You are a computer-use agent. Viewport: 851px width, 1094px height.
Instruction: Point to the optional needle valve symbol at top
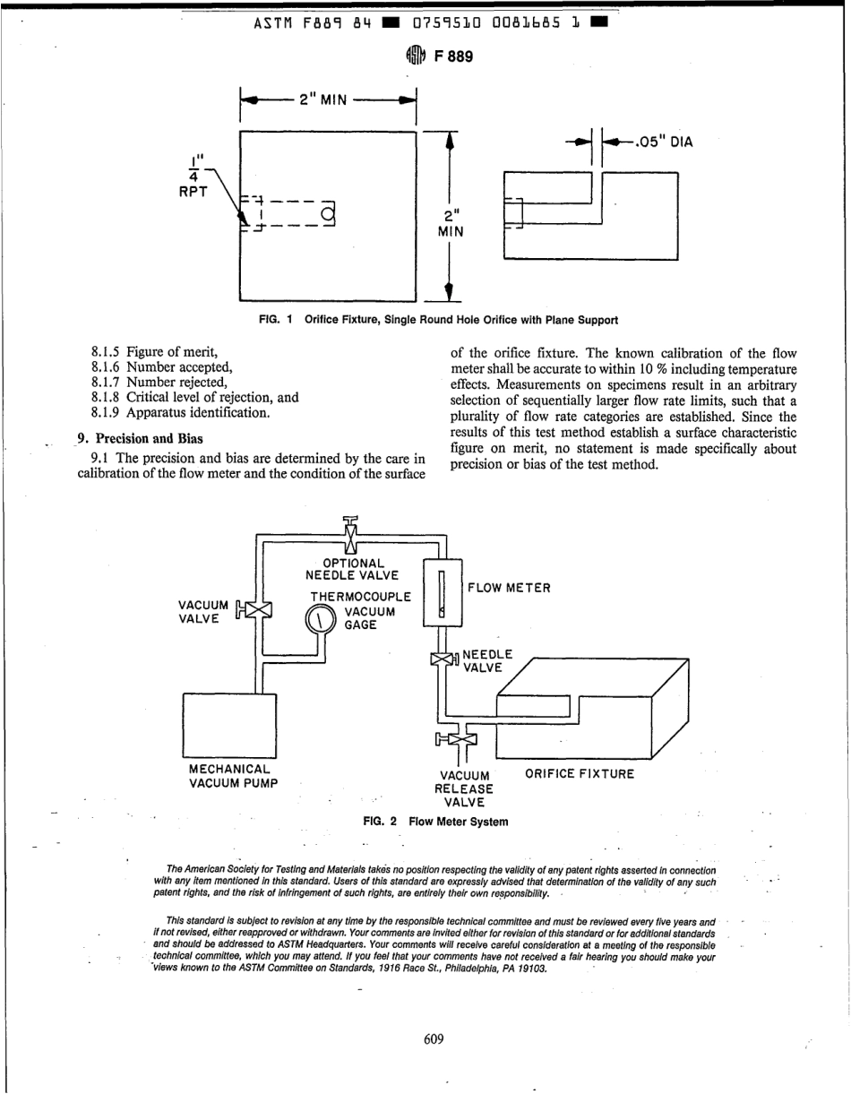[350, 537]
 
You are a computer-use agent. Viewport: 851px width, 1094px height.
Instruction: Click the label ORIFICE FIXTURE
[579, 773]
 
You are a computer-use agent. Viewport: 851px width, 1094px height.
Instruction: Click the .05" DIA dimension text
[665, 141]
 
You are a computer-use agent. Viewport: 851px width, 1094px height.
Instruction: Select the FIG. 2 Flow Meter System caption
[434, 822]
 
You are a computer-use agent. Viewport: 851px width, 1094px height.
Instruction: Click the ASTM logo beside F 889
[415, 56]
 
